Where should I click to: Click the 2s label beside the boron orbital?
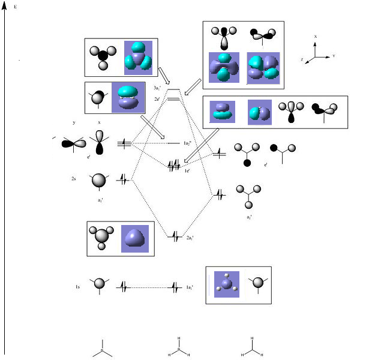tap(73, 179)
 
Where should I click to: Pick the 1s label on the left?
tap(78, 287)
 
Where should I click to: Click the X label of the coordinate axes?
tap(316, 37)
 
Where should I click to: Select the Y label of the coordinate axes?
tap(333, 56)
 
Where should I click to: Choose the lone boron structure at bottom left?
tap(102, 350)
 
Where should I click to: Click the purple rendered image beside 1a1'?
tap(227, 284)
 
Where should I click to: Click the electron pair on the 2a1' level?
tap(175, 237)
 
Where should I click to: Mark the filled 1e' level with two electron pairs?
tap(175, 164)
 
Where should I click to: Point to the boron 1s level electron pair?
tap(124, 287)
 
